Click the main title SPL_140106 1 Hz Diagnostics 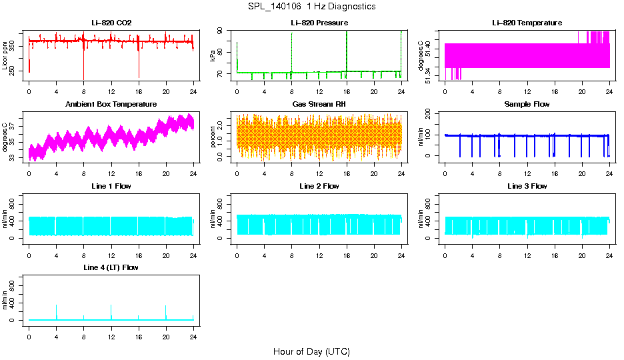311,7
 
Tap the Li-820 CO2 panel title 111,23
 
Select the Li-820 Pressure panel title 319,23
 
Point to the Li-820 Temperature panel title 527,23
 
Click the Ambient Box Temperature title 111,105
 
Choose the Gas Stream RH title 319,105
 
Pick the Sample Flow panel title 527,105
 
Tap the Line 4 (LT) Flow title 111,267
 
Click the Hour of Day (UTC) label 311,351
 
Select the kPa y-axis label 213,55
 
